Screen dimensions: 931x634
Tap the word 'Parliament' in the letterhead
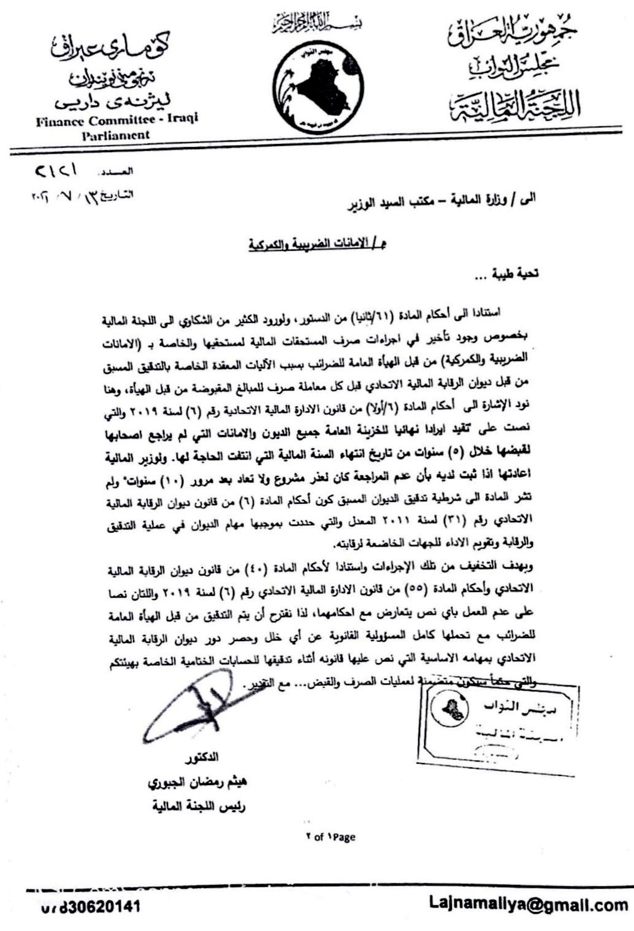[x=116, y=135]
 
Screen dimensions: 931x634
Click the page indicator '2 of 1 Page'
[x=330, y=837]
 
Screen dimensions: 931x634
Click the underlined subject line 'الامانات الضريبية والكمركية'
[x=317, y=245]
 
